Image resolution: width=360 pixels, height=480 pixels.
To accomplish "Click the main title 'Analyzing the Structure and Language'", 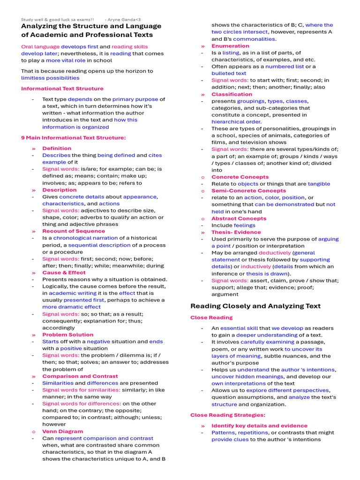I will pyautogui.click(x=91, y=26).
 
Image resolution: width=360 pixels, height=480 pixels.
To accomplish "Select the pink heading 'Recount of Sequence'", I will pyautogui.click(x=74, y=231).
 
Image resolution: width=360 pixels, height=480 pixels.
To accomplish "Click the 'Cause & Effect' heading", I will pyautogui.click(x=64, y=273).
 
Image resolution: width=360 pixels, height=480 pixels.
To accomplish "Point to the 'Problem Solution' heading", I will pyautogui.click(x=67, y=335).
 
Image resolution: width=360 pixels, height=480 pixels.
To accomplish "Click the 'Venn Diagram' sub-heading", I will pyautogui.click(x=62, y=432).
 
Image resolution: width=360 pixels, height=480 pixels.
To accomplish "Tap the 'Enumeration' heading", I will pyautogui.click(x=230, y=46).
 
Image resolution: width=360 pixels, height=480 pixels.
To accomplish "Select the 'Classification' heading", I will pyautogui.click(x=232, y=94).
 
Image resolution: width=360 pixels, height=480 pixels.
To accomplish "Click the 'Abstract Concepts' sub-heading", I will pyautogui.click(x=239, y=218).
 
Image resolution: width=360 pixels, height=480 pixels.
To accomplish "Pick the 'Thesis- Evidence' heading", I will pyautogui.click(x=236, y=232).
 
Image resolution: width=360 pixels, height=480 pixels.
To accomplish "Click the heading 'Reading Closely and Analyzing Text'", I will pyautogui.click(x=255, y=306).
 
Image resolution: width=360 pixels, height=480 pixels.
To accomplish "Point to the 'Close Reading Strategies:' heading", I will pyautogui.click(x=227, y=415).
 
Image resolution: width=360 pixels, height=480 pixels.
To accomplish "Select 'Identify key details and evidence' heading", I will pyautogui.click(x=259, y=426).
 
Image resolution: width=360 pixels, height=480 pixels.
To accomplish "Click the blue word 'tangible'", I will pyautogui.click(x=319, y=184).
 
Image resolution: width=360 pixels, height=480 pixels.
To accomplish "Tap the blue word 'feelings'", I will pyautogui.click(x=244, y=225).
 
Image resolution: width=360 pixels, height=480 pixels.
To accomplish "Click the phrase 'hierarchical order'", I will pyautogui.click(x=236, y=122).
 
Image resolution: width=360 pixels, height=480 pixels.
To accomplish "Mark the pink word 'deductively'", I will pyautogui.click(x=274, y=253).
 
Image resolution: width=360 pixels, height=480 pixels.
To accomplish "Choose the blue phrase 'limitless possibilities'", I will pyautogui.click(x=50, y=78).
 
